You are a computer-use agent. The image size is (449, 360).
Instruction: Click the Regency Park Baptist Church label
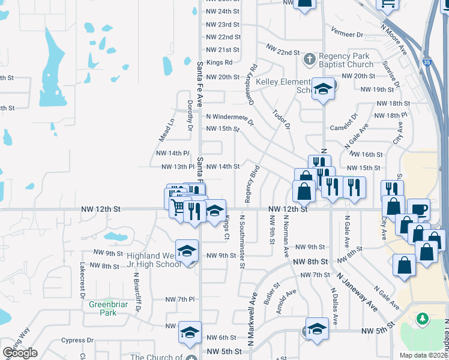coord(346,60)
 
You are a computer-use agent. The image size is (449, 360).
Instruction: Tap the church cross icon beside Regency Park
coord(309,59)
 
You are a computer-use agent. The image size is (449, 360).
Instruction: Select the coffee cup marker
coord(418,210)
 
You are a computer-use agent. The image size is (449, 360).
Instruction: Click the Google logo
coord(20,353)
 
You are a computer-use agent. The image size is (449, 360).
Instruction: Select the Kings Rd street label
coord(219,62)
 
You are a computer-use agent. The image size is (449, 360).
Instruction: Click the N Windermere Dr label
coord(231,118)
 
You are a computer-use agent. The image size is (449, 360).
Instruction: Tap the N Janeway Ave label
coord(357,290)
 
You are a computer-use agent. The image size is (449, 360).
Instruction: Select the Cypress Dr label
coord(77,340)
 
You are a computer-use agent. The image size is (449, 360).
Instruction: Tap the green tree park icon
coord(423,317)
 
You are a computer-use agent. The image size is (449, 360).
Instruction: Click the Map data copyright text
coord(423,355)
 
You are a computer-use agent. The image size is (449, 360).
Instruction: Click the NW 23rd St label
coord(223,25)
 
